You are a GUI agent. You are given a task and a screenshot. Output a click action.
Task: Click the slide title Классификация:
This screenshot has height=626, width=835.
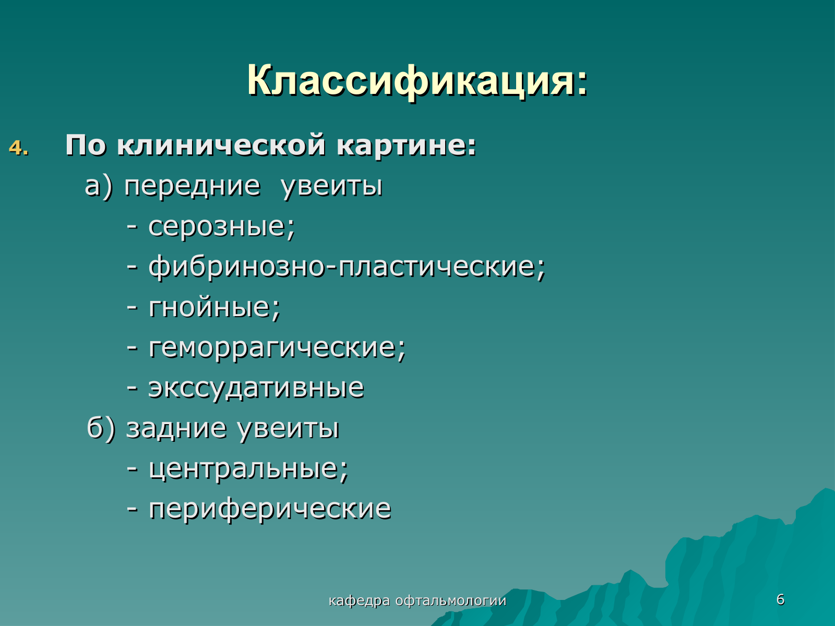[417, 80]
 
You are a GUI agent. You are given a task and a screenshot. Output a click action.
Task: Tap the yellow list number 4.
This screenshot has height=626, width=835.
[18, 148]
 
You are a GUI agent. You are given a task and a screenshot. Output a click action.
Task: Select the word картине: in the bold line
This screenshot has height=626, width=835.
[406, 146]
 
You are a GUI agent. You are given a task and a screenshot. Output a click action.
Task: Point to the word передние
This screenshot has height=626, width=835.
[193, 186]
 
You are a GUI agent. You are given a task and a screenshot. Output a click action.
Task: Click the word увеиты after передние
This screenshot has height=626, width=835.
[332, 187]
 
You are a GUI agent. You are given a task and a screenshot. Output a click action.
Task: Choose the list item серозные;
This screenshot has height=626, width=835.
[222, 227]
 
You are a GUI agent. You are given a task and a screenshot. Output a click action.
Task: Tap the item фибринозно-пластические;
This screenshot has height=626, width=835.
[347, 267]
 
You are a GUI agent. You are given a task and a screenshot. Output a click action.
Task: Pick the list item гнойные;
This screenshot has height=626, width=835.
[214, 307]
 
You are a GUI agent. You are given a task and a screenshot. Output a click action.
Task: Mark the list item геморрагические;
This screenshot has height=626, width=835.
[277, 348]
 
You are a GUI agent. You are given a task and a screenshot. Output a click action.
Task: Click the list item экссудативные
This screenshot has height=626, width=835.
[256, 389]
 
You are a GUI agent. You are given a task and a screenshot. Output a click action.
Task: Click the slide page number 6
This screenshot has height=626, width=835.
[780, 599]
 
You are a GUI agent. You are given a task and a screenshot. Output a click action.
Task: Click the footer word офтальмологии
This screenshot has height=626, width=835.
[451, 601]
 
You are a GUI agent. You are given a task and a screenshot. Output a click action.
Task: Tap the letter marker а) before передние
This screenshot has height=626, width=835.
[99, 187]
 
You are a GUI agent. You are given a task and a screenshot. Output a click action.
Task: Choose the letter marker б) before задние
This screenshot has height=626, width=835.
[101, 428]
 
